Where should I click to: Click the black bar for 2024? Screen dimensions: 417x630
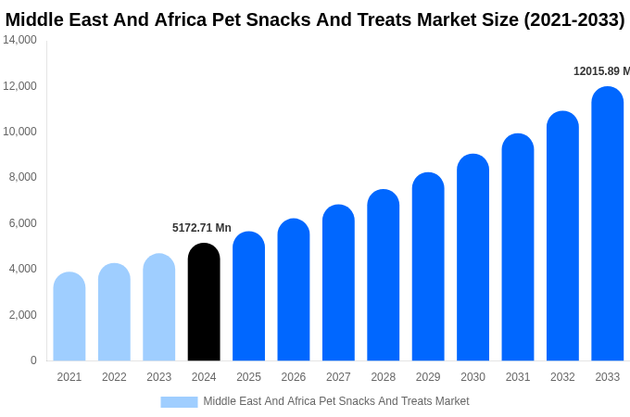click(204, 302)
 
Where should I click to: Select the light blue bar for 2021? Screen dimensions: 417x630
click(69, 317)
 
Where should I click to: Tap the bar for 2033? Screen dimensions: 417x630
click(608, 224)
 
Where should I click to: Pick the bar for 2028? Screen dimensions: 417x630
click(384, 275)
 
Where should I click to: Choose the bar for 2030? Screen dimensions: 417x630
click(472, 258)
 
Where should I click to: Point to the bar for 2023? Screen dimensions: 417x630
click(159, 308)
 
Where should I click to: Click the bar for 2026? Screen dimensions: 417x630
click(294, 290)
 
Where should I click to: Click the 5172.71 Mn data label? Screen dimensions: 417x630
click(202, 228)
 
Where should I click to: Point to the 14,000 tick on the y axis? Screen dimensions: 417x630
click(19, 40)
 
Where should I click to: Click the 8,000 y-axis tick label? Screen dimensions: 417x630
click(22, 177)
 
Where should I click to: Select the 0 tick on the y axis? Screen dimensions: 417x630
click(33, 360)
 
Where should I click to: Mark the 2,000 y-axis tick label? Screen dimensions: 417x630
click(22, 315)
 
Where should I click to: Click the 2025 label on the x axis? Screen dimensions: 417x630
click(248, 377)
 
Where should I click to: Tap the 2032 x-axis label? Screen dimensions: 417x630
click(562, 377)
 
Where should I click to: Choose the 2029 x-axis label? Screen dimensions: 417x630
click(428, 377)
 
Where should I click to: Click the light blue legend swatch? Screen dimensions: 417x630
click(179, 402)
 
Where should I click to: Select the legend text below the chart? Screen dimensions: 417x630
click(336, 401)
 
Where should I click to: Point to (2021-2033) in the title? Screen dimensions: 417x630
click(574, 19)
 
